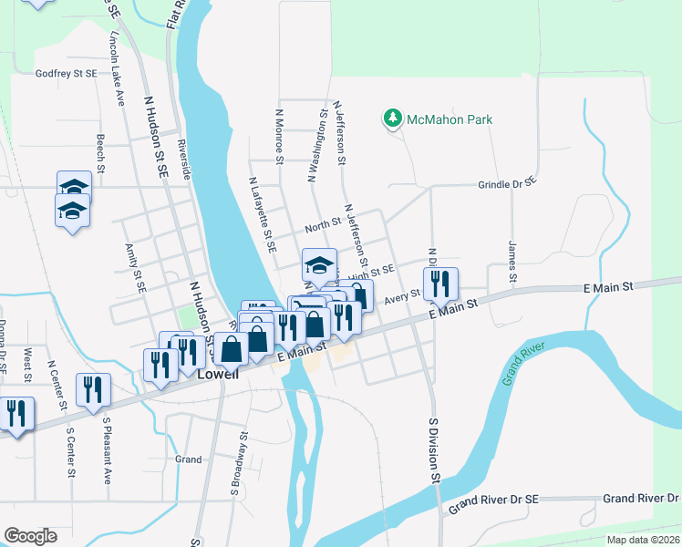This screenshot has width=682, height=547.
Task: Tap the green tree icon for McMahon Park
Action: click(393, 119)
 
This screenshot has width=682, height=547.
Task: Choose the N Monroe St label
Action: click(280, 139)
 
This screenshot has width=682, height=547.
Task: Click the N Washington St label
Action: click(317, 148)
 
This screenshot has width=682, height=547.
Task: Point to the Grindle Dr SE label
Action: click(507, 184)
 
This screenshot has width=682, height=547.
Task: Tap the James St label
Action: click(512, 261)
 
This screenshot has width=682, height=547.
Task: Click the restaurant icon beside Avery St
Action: click(440, 284)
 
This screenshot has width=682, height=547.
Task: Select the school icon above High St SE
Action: click(319, 265)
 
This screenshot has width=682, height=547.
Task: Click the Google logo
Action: click(30, 536)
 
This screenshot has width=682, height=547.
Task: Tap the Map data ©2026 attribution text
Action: click(643, 540)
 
